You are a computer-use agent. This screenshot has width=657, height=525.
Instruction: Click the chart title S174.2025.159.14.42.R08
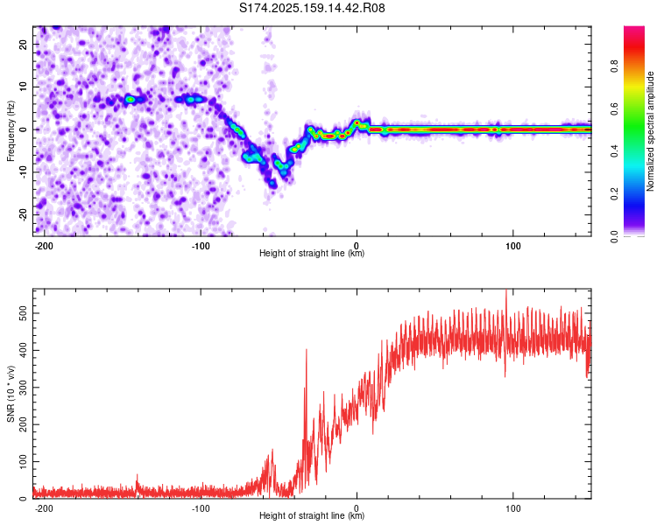click(312, 8)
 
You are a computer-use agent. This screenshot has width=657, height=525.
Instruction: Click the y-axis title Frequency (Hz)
click(11, 131)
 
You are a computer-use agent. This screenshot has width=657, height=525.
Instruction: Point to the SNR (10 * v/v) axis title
click(11, 394)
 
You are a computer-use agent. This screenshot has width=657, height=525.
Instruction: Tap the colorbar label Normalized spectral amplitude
click(650, 131)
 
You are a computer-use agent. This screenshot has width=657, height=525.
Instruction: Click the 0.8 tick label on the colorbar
click(614, 66)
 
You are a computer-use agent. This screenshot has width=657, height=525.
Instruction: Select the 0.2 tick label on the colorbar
click(614, 194)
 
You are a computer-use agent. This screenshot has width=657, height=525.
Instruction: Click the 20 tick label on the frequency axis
click(23, 44)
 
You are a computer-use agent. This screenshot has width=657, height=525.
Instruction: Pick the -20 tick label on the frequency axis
click(23, 214)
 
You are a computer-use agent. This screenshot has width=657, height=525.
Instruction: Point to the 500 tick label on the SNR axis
click(23, 313)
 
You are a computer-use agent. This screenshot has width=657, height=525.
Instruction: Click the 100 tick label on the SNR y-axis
click(23, 462)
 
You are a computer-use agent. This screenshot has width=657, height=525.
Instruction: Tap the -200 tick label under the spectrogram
click(44, 246)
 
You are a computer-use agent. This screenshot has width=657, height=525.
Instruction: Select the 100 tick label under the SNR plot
click(512, 508)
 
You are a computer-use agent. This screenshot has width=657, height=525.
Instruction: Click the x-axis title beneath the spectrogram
click(312, 253)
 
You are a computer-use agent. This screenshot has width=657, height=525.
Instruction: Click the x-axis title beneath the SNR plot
click(312, 515)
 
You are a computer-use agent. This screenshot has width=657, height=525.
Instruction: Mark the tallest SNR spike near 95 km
click(506, 290)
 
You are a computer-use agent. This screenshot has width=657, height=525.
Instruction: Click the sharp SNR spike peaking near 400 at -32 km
click(307, 350)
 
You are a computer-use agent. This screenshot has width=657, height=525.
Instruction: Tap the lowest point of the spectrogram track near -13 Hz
click(273, 184)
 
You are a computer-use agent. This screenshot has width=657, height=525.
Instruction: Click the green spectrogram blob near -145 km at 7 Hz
click(131, 99)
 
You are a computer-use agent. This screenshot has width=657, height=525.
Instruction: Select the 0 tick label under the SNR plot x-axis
click(357, 508)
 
